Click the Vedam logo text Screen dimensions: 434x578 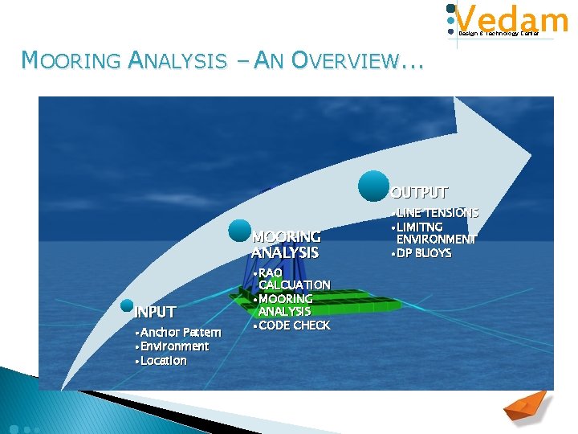[511, 18]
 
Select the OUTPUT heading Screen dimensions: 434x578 [420, 193]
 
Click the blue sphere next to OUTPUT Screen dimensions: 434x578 [374, 186]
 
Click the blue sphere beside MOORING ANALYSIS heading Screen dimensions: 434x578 [239, 231]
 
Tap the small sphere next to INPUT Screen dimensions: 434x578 [127, 305]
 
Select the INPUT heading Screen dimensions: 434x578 [155, 312]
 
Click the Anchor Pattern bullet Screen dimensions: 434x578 [178, 332]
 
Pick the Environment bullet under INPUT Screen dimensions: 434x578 [173, 346]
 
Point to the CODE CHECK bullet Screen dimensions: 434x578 [291, 325]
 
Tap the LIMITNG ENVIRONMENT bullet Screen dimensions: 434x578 [434, 233]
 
